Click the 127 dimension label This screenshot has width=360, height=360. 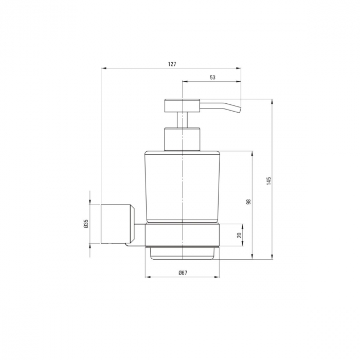pyautogui.click(x=172, y=64)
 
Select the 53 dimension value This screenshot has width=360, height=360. pyautogui.click(x=212, y=77)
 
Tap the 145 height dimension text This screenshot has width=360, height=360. pyautogui.click(x=269, y=181)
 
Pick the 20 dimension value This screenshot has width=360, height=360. pyautogui.click(x=240, y=235)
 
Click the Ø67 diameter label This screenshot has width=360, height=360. pyautogui.click(x=183, y=273)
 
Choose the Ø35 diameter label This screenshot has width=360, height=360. pyautogui.click(x=86, y=224)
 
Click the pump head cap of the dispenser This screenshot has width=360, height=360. pyautogui.click(x=182, y=105)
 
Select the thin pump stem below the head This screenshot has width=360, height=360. pyautogui.click(x=182, y=120)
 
